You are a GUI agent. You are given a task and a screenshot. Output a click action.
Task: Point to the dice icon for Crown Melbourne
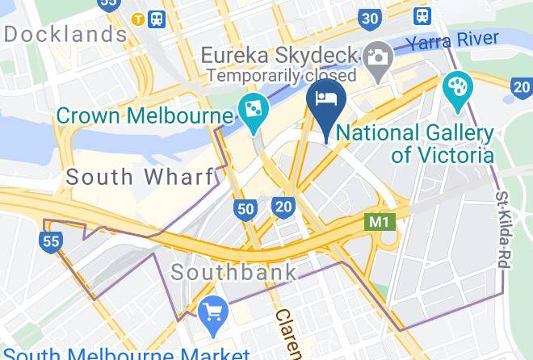[x=252, y=111]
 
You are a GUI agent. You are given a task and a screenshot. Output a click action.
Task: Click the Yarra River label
[x=451, y=40]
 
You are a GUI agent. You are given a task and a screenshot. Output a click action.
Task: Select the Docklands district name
[x=65, y=35]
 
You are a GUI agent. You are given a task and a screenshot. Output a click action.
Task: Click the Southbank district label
[x=233, y=271]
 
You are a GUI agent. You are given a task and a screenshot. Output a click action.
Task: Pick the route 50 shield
[x=246, y=210]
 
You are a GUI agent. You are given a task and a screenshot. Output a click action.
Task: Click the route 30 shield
[x=370, y=19]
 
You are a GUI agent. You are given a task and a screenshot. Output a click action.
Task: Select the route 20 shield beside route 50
[x=283, y=207]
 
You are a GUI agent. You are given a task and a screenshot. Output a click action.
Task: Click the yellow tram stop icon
[x=139, y=19]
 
